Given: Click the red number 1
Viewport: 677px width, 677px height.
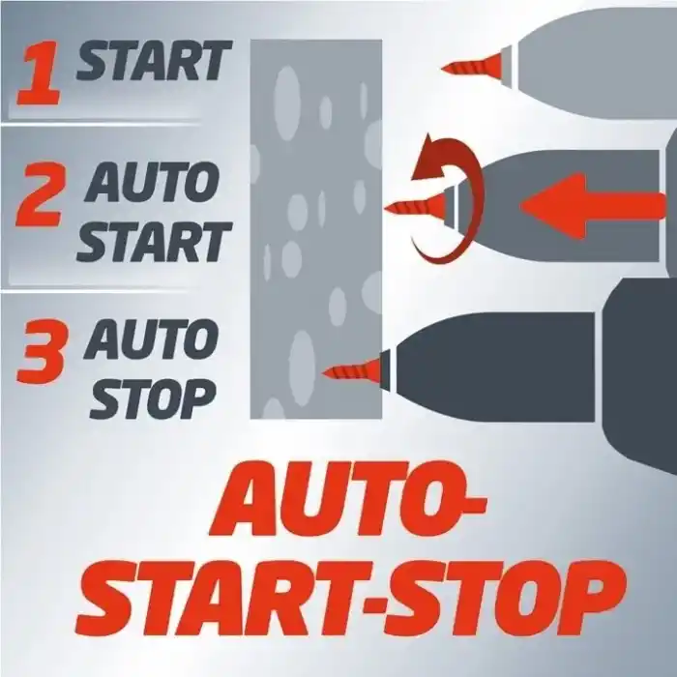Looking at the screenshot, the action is (38, 74).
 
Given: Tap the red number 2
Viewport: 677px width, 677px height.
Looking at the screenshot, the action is (40, 194).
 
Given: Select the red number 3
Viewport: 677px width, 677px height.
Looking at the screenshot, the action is (42, 351).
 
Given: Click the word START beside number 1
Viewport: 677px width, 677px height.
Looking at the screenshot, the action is (154, 61).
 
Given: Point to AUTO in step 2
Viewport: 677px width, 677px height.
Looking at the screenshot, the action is (153, 183).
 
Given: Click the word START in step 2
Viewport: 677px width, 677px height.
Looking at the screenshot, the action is (154, 242).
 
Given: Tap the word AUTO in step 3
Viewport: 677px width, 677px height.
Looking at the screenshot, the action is (153, 341).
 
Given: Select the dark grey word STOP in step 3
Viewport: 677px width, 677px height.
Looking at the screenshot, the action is (153, 399).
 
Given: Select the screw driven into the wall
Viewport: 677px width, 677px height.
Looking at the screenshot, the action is (353, 369).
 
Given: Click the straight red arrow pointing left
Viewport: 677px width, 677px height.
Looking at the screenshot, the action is (592, 205).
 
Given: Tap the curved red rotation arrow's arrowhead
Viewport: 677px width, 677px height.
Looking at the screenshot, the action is (430, 159).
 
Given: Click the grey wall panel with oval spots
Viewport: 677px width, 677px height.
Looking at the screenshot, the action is (316, 229).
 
